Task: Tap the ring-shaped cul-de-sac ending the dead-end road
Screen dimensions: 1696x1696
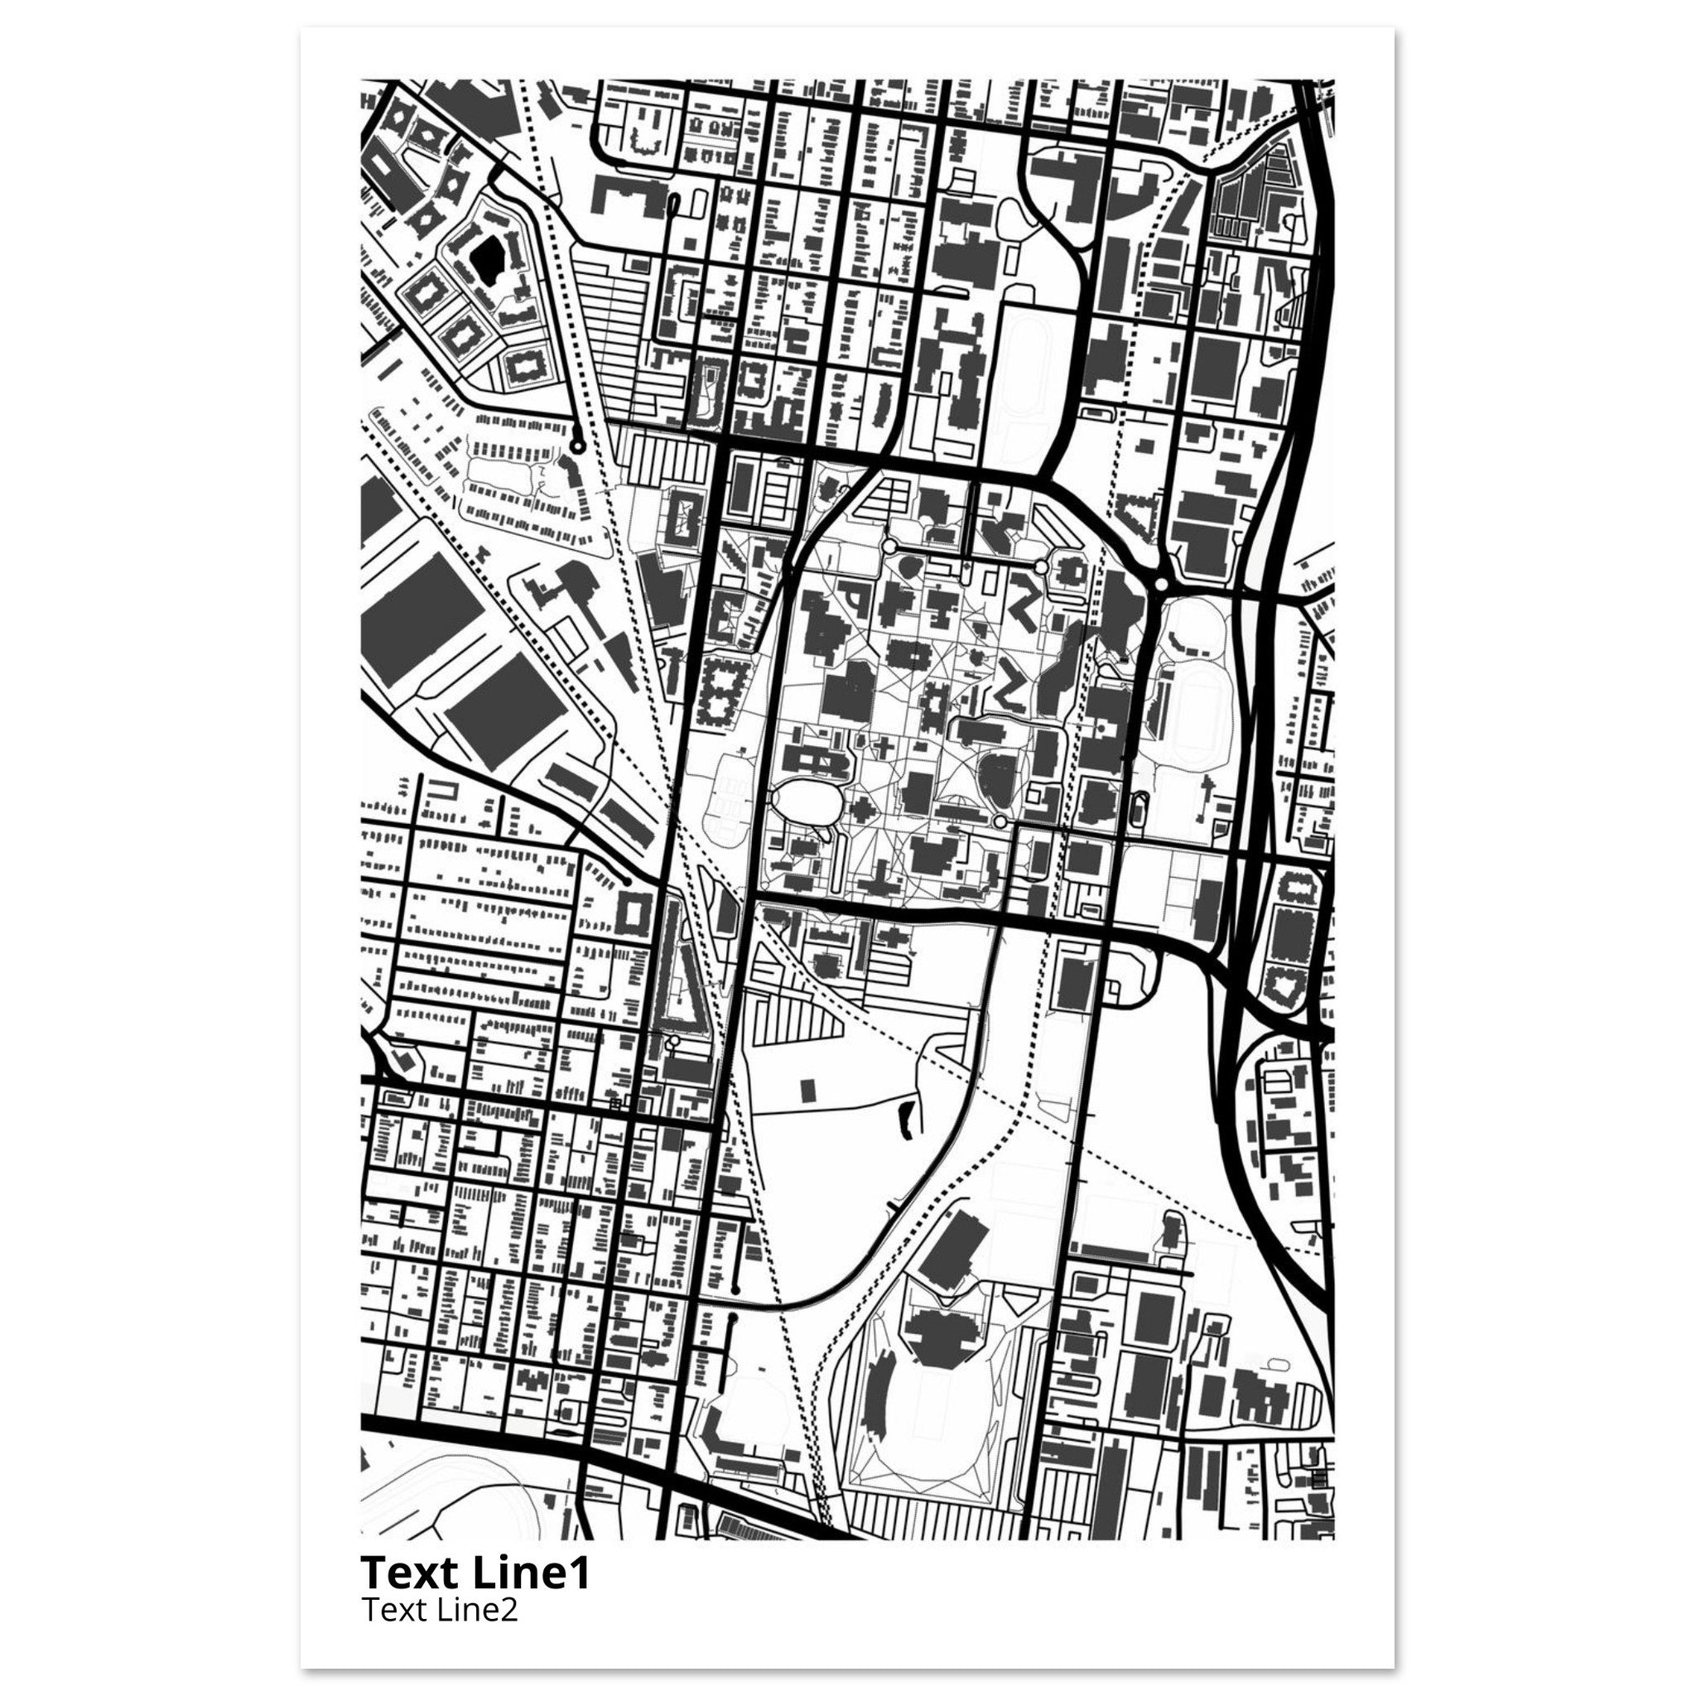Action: (x=576, y=446)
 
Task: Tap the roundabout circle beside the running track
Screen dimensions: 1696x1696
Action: (x=1161, y=584)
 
